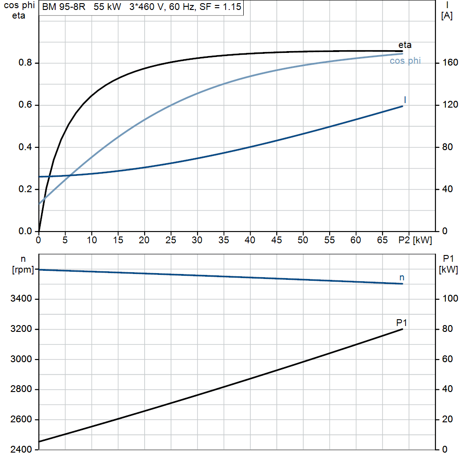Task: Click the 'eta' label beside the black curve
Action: tap(405, 45)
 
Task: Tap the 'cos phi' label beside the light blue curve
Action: tap(405, 61)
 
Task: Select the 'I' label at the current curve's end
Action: tap(405, 100)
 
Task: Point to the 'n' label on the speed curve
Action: tap(402, 278)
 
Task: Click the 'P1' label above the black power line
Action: tap(402, 323)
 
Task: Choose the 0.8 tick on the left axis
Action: tap(25, 62)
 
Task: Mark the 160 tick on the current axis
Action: tap(450, 62)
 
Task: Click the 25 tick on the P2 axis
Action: tap(170, 240)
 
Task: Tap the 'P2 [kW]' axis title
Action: tap(415, 240)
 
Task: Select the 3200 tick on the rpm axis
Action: tap(21, 329)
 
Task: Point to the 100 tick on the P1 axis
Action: tap(450, 298)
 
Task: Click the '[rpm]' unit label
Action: tap(23, 269)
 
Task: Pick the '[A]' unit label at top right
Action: tap(447, 16)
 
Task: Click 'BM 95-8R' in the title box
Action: tap(64, 7)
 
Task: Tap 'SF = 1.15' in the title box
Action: tap(220, 7)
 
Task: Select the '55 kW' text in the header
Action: tap(108, 7)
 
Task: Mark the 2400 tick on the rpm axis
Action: tap(21, 449)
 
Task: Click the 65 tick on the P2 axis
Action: tap(382, 240)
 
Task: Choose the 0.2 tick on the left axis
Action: tap(25, 189)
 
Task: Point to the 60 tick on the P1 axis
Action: tap(448, 359)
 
